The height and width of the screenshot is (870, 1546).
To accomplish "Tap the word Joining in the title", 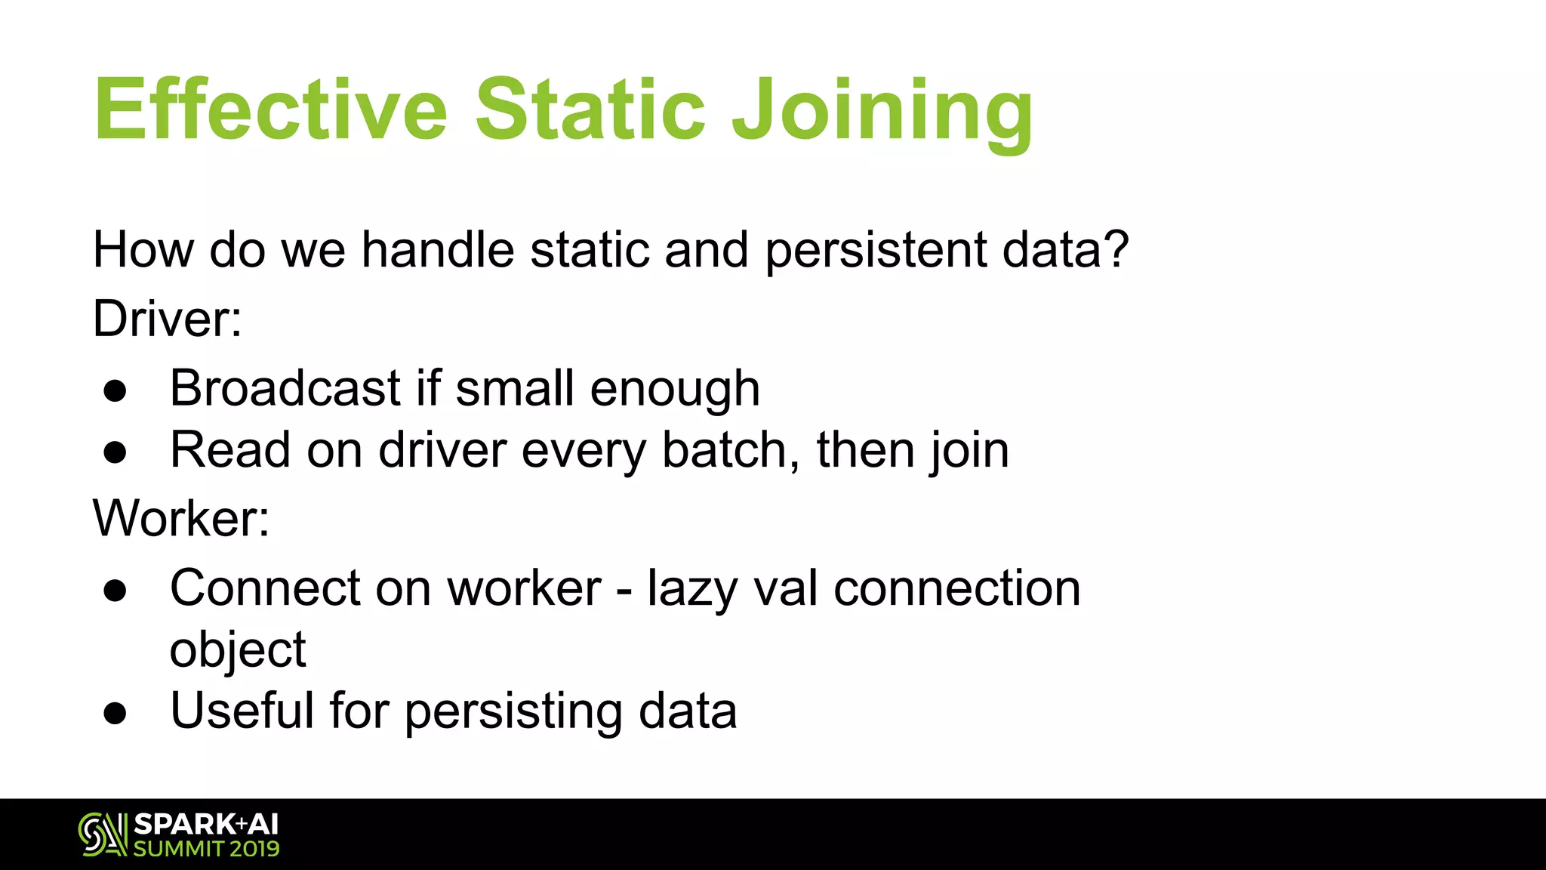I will [882, 113].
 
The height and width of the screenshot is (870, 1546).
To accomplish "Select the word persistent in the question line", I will [875, 250].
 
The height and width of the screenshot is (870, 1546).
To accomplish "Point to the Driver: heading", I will [167, 319].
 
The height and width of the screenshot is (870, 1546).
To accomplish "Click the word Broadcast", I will [285, 388].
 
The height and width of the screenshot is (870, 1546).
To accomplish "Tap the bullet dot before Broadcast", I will [115, 391].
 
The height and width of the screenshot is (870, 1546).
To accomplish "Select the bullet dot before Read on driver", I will [115, 453].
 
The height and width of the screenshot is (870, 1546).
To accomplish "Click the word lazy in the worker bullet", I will [692, 589].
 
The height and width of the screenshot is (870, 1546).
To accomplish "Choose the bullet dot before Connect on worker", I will [115, 591].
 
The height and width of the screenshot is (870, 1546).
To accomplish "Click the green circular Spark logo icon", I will [103, 835].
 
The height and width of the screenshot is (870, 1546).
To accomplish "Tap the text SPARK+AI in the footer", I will [206, 824].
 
